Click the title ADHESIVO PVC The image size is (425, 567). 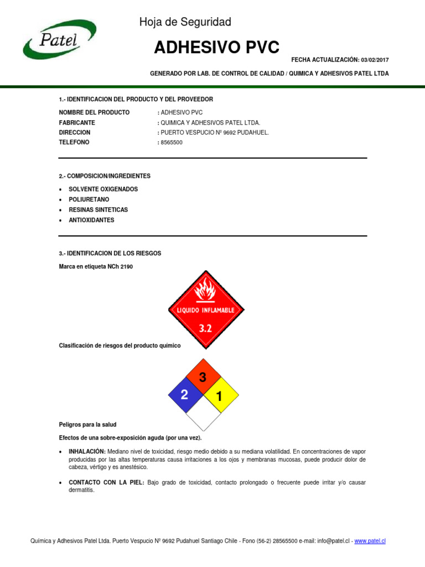point(216,48)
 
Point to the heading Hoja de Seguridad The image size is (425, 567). point(185,22)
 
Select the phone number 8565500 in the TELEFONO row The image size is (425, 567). point(172,143)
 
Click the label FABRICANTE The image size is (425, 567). point(77,122)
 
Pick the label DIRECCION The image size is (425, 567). point(75,132)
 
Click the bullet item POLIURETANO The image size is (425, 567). point(89,199)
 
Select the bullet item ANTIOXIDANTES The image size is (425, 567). point(91,220)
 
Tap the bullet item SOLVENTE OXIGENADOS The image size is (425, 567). point(103,189)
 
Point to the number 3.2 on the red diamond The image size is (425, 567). point(206,328)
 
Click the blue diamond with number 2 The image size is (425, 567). point(185,395)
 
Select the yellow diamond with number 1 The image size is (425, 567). point(220,396)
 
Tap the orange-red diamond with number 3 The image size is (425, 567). point(203,378)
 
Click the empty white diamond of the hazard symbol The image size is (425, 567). point(203,414)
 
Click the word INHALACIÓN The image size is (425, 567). point(87,451)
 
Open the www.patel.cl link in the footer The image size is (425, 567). point(370,541)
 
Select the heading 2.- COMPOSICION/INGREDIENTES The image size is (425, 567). point(105,176)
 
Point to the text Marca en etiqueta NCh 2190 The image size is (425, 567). point(96,266)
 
